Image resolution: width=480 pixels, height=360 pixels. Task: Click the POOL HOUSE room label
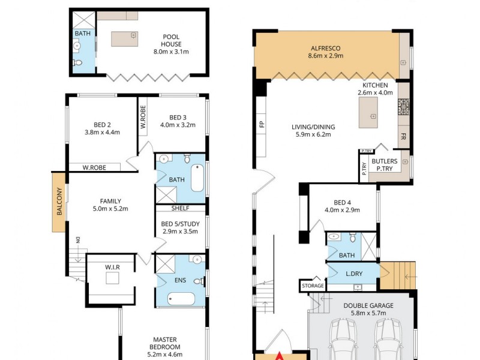[x=171, y=37]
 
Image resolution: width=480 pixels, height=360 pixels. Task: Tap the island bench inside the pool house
[x=125, y=40]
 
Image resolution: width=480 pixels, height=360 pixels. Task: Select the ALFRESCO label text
[x=326, y=47]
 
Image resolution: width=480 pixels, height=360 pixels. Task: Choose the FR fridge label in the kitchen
[x=403, y=136]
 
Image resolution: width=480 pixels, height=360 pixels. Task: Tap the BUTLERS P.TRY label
[x=384, y=165]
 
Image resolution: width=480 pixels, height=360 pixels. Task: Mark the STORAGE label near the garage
[x=313, y=286]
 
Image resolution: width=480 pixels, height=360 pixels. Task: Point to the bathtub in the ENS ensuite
[x=181, y=298]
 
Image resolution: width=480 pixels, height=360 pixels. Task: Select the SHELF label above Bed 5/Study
[x=180, y=208]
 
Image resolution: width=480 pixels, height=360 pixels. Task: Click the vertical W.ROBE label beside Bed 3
[x=143, y=118]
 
